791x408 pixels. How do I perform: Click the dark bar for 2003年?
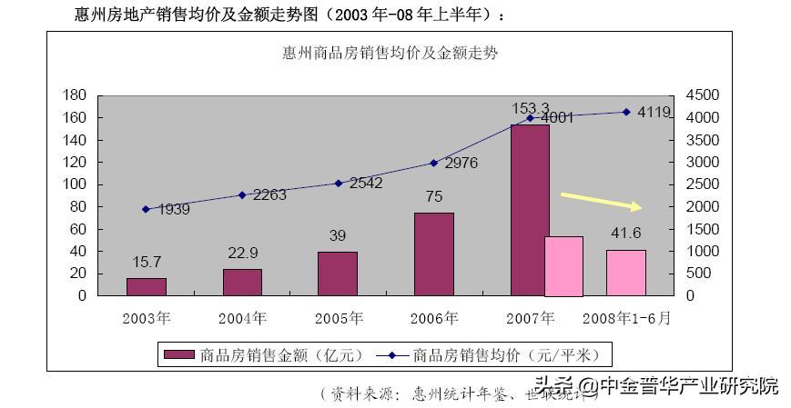146,287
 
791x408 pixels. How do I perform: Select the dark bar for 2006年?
434,254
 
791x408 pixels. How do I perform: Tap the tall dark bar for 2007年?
530,210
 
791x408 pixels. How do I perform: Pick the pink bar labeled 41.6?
626,273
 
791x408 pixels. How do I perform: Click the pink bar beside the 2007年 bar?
563,266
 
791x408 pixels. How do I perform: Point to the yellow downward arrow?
602,201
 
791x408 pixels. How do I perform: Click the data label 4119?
654,113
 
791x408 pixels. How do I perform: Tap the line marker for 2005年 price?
338,183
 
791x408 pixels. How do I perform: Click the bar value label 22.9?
242,253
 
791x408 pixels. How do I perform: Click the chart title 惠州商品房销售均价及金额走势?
390,53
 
